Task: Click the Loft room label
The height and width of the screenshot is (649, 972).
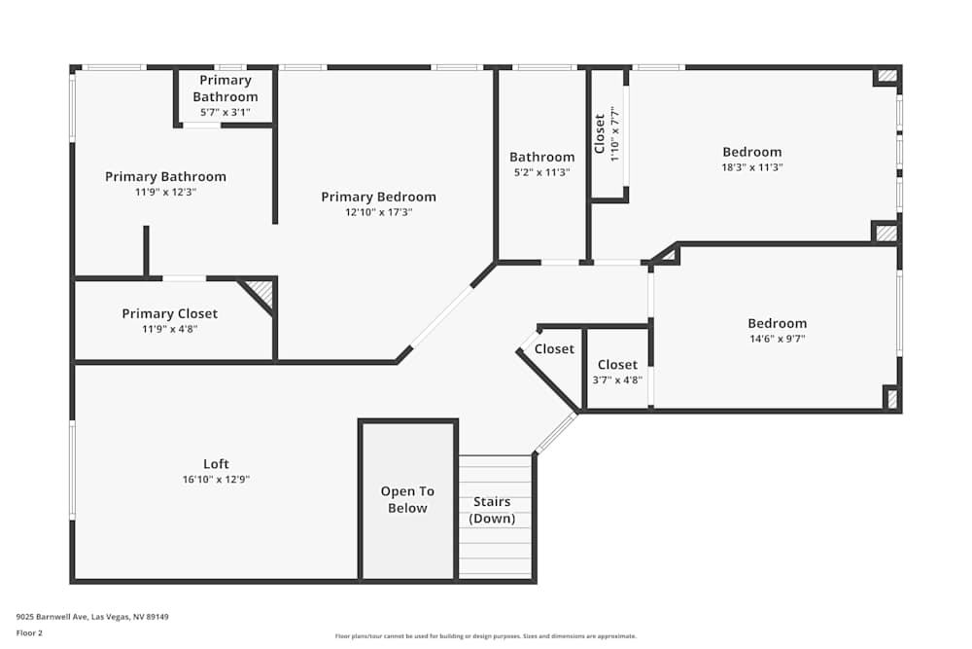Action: (216, 464)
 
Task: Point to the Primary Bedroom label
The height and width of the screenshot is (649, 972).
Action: (378, 197)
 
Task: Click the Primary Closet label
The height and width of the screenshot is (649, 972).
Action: (169, 313)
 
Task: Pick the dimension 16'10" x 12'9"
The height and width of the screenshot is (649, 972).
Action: (216, 479)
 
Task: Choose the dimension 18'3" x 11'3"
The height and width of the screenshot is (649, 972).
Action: (751, 167)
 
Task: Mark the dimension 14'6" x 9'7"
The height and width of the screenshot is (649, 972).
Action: (777, 339)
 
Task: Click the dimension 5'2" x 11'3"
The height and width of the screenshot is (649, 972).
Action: (541, 172)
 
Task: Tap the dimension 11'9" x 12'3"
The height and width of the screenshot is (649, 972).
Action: (165, 193)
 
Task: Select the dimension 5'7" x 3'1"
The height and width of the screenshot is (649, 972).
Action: (225, 112)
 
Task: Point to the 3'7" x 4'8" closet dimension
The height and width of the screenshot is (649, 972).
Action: (617, 380)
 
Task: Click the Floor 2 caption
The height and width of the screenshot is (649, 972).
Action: (29, 632)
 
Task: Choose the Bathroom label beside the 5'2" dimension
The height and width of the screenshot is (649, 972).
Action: (541, 157)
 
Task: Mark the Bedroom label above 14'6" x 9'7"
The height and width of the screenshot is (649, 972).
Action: (777, 323)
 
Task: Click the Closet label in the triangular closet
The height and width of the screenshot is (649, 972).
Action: (554, 348)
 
